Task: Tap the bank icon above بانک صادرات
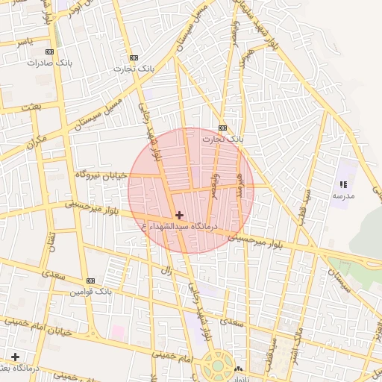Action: coord(50,52)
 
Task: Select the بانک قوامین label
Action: coord(90,292)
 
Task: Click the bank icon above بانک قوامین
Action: coord(91,281)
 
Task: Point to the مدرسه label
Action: coord(343,195)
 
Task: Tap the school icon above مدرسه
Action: coord(343,184)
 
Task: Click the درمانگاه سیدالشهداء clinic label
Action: coord(179,225)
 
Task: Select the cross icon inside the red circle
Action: coord(179,215)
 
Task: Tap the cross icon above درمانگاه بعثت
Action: coord(15,357)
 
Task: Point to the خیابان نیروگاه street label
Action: coord(102,175)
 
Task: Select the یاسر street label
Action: coord(25,43)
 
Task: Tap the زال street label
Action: coord(169,270)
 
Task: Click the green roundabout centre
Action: coord(218,367)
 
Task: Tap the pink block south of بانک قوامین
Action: coord(118,330)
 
